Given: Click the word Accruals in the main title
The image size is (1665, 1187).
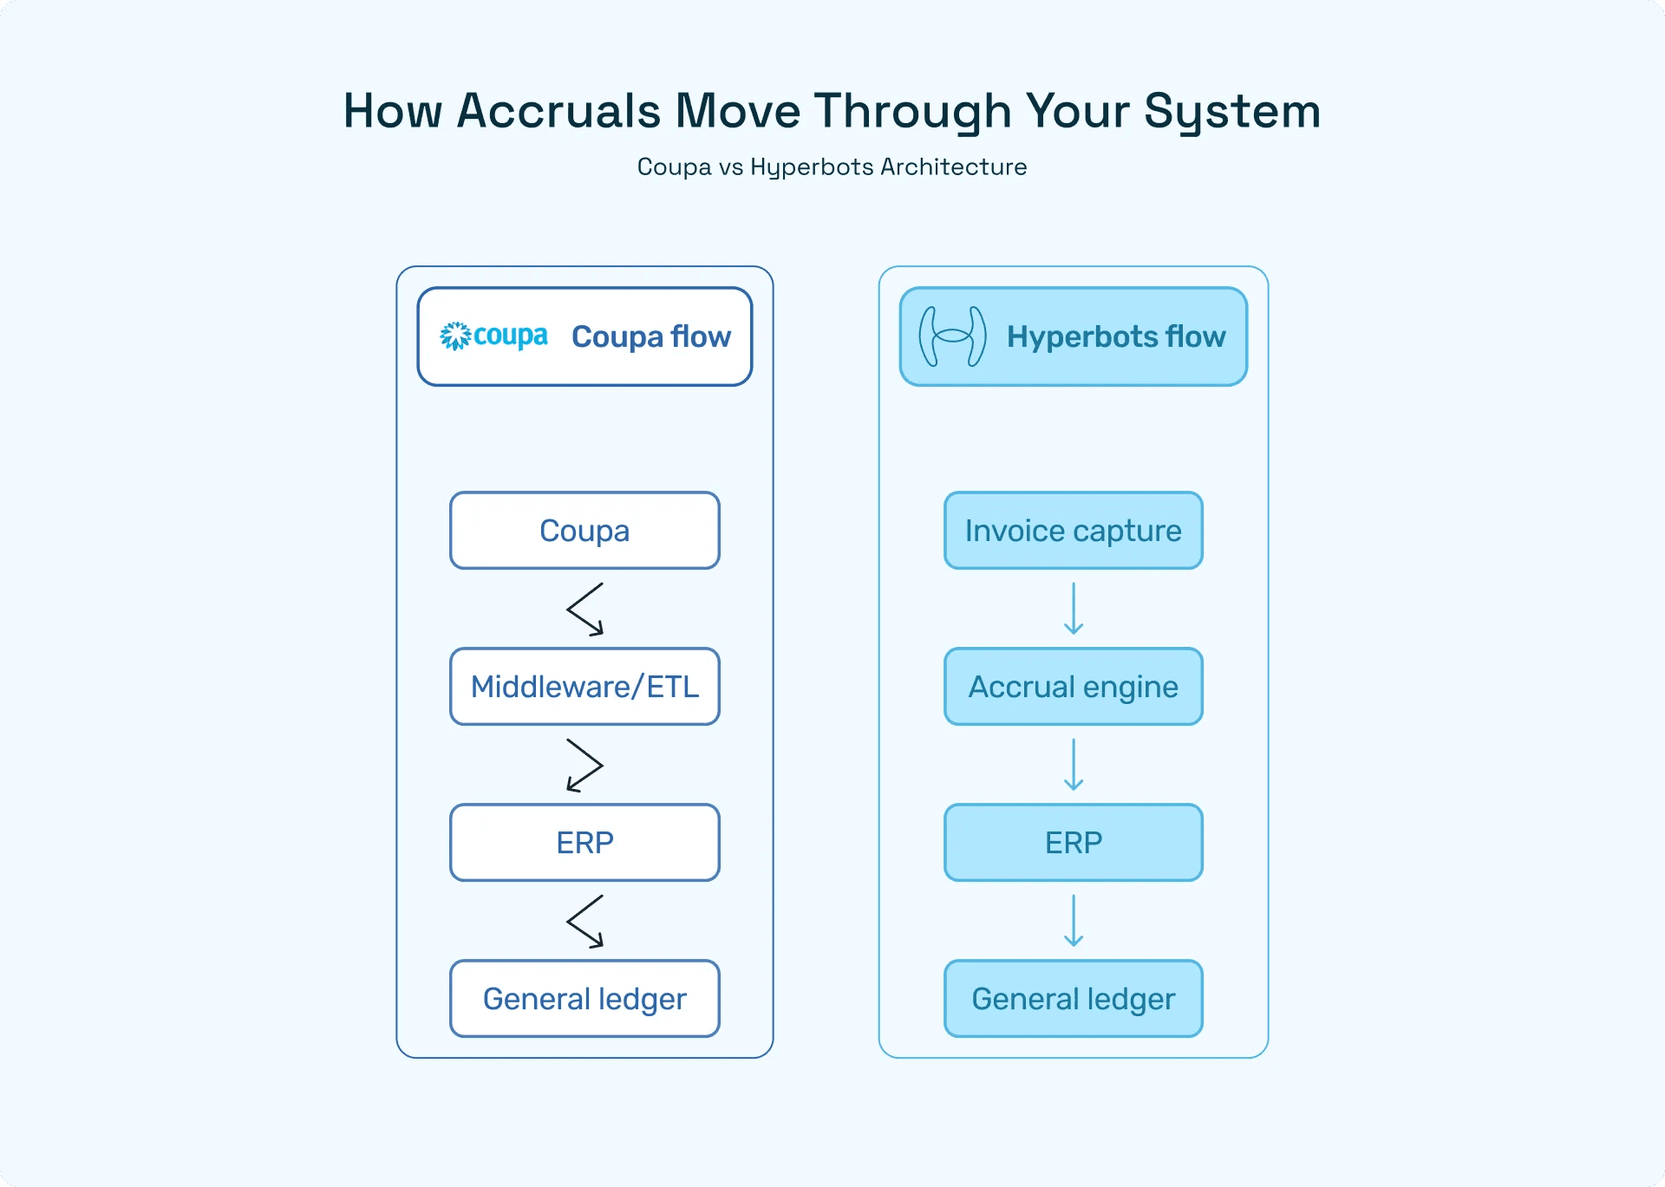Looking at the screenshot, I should point(558,111).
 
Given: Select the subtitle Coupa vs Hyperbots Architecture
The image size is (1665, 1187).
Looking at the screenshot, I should point(832,166).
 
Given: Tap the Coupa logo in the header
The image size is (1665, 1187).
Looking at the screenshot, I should point(493,336).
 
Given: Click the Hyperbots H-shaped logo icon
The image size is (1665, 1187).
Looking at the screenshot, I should point(952,336).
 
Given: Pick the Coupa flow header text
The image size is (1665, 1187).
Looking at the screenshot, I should point(650,336).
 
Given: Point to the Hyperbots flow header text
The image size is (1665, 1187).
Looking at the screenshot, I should point(1115,336).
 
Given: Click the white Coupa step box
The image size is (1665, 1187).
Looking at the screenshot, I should point(584,531).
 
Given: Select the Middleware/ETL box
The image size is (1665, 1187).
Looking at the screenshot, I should point(584,687).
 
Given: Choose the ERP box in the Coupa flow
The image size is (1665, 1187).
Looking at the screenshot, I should point(584,843).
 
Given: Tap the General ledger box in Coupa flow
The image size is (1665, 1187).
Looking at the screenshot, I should point(584,999).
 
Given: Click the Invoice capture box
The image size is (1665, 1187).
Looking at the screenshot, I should point(1073,531).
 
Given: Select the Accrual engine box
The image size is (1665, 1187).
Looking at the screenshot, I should point(1073,687).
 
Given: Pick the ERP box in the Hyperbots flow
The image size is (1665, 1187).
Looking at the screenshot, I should point(1073,843).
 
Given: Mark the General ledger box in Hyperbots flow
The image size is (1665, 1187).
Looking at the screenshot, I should point(1073,999).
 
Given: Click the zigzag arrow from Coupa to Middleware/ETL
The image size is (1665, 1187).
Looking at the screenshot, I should point(584,610).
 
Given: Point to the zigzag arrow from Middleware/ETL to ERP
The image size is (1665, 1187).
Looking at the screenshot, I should point(585,765).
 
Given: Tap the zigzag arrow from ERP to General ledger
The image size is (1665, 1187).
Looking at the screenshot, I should point(584,922).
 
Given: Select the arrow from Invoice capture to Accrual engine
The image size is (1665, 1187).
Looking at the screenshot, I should point(1074,609).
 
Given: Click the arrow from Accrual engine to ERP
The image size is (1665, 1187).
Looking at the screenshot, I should point(1074,765).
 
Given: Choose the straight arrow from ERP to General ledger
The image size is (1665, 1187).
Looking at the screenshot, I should point(1074,921).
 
